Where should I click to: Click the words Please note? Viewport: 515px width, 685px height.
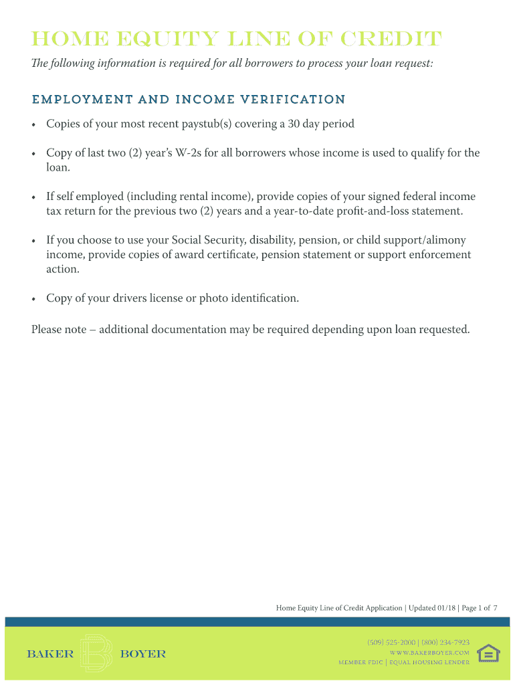pyautogui.click(x=58, y=330)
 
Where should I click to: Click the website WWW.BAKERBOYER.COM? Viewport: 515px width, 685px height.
pyautogui.click(x=429, y=652)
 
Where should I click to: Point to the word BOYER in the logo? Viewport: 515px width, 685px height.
pyautogui.click(x=142, y=654)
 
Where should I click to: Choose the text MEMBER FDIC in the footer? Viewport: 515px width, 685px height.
pyautogui.click(x=360, y=662)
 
